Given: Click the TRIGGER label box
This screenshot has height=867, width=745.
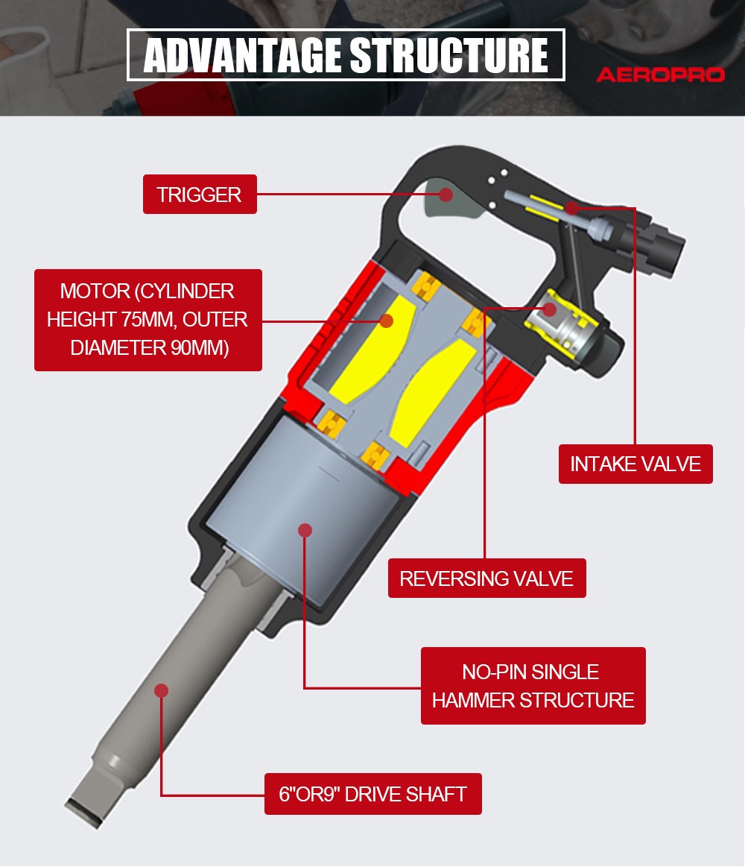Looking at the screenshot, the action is pyautogui.click(x=200, y=194).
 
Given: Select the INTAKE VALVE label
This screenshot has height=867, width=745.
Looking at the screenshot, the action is pyautogui.click(x=635, y=464).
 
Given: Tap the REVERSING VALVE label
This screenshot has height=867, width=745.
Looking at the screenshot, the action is pyautogui.click(x=487, y=578).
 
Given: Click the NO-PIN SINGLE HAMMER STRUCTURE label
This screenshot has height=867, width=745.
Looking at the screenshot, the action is pyautogui.click(x=533, y=686).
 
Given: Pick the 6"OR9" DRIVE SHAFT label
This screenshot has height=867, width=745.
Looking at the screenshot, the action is pyautogui.click(x=373, y=794).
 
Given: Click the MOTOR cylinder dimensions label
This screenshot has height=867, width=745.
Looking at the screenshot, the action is pyautogui.click(x=148, y=320).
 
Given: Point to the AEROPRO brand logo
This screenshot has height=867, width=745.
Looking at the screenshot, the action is pyautogui.click(x=660, y=74).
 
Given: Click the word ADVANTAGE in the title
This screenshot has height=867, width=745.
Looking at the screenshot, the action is pyautogui.click(x=243, y=55).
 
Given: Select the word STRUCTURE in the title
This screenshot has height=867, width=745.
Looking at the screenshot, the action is pyautogui.click(x=448, y=55).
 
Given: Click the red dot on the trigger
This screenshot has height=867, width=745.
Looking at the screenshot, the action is pyautogui.click(x=446, y=194).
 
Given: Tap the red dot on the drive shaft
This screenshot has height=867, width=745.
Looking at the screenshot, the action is pyautogui.click(x=162, y=690).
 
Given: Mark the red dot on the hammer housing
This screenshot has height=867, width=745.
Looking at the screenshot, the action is pyautogui.click(x=305, y=530).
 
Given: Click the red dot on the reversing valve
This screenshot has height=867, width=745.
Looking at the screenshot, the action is pyautogui.click(x=549, y=309).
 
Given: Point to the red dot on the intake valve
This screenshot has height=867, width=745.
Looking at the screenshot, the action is pyautogui.click(x=573, y=208).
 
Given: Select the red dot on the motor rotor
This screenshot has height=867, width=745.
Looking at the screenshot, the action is pyautogui.click(x=387, y=321).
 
